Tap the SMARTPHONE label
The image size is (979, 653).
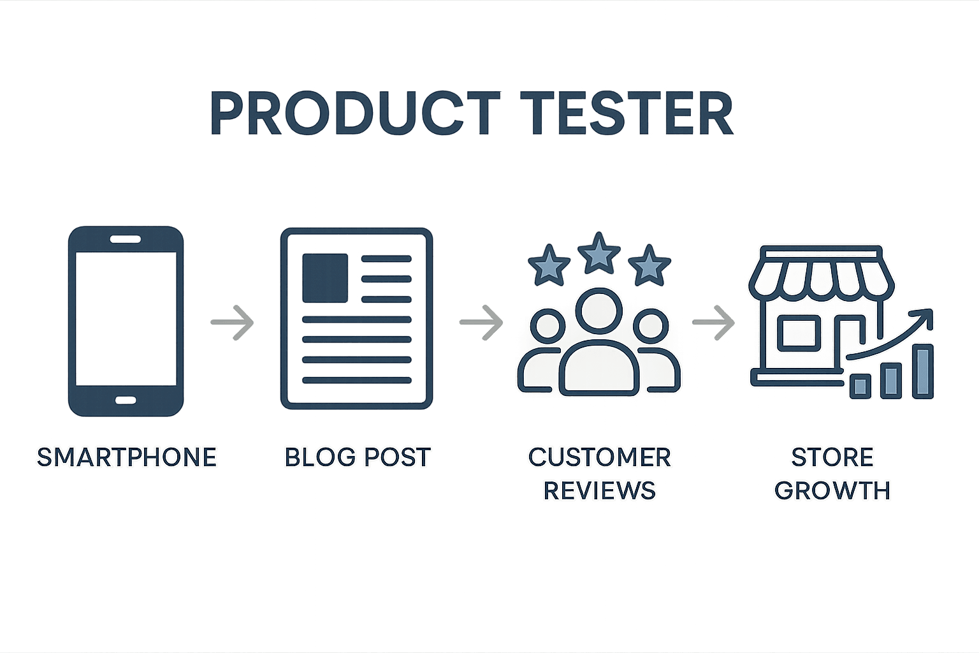point(127,457)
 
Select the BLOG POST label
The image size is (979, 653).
point(358,457)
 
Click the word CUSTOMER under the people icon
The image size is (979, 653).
point(599,457)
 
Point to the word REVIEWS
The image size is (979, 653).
point(599,490)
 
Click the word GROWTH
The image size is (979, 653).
point(832,490)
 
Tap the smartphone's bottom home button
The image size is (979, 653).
point(126,400)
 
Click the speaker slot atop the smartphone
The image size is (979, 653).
point(126,239)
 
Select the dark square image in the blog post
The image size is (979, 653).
point(325,278)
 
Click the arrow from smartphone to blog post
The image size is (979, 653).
point(232,322)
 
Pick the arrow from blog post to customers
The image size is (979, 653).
point(481,322)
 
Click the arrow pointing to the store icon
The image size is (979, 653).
point(714,322)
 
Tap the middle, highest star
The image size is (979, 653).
point(598,254)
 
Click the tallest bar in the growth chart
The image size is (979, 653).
point(923,372)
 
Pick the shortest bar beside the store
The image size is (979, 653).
point(860,386)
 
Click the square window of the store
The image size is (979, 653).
point(799,334)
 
